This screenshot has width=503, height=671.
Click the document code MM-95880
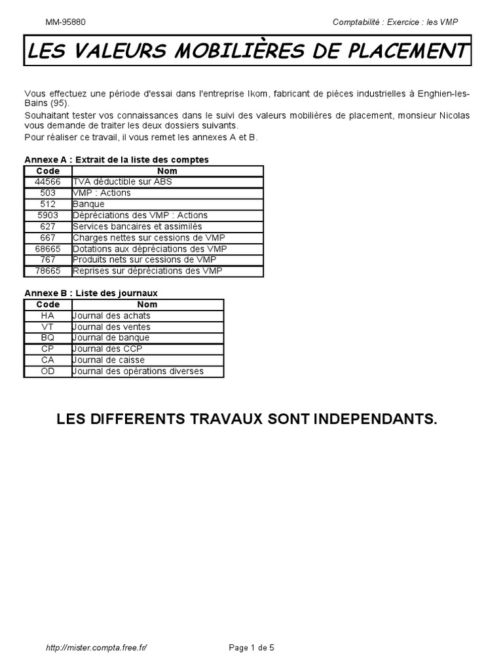pos(65,22)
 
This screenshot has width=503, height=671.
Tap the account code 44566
pos(48,182)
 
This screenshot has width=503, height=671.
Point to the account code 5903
pos(48,215)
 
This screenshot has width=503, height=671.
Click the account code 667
pos(48,237)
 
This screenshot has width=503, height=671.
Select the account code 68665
pos(48,248)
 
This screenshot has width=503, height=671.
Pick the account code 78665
pos(48,271)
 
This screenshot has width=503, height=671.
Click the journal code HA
pos(48,316)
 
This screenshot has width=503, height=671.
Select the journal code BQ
pos(48,338)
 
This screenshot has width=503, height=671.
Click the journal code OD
pos(48,372)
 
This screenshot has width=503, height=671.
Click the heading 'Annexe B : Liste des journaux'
pos(91,293)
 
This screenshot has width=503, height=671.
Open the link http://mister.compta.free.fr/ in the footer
pos(96,648)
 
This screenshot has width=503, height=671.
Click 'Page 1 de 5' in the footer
pos(251,648)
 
